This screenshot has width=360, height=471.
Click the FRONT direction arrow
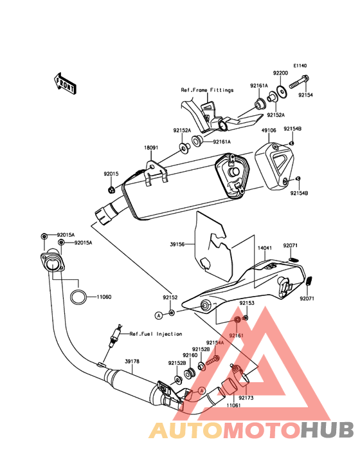point(64,84)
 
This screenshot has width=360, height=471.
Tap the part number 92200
point(280,73)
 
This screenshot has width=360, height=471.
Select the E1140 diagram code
point(300,66)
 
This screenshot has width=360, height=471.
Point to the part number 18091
point(151,148)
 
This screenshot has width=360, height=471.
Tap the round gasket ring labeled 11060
point(78,297)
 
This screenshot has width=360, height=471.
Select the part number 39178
point(132,362)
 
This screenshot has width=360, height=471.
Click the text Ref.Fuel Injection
point(156,334)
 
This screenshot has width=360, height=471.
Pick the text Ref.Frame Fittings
point(207,90)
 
